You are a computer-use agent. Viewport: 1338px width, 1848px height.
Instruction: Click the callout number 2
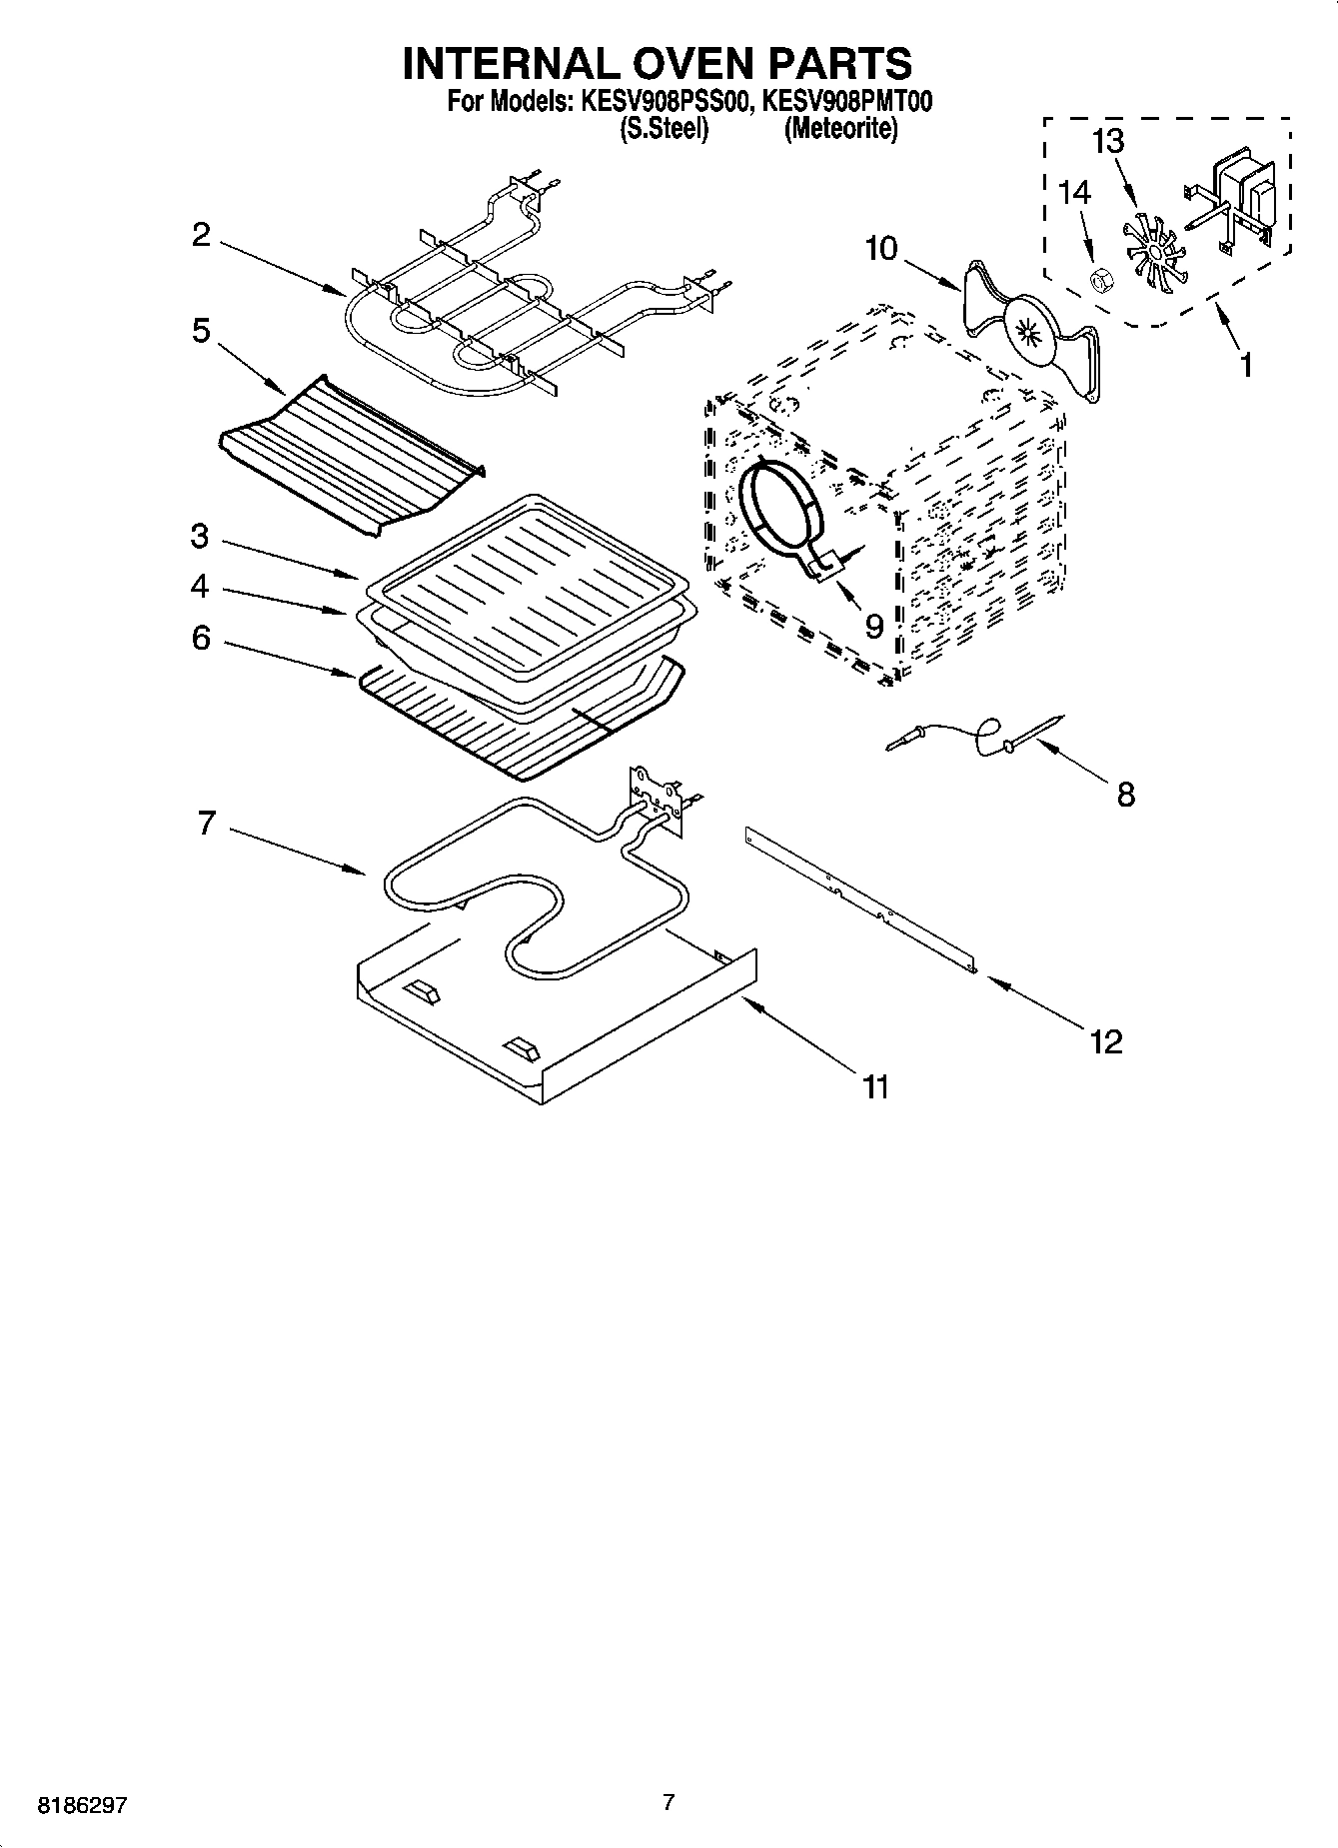click(201, 236)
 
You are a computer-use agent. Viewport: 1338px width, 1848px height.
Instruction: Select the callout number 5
click(201, 331)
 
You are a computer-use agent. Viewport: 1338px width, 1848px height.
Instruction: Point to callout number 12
click(1106, 1041)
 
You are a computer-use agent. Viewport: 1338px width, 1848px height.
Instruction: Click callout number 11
click(875, 1086)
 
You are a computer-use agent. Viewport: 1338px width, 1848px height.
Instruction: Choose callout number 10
click(881, 248)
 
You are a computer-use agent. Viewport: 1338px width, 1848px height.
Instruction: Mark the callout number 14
click(1074, 193)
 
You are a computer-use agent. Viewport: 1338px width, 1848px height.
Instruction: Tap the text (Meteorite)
click(840, 129)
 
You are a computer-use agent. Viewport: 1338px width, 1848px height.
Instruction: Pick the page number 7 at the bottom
click(669, 1803)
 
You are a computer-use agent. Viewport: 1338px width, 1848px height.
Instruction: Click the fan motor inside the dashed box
click(1243, 195)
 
